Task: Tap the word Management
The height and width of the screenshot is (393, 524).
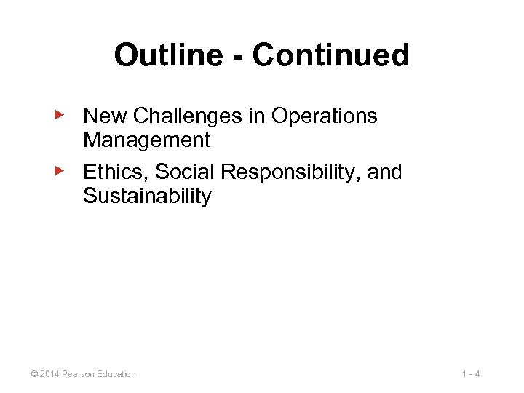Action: pyautogui.click(x=146, y=139)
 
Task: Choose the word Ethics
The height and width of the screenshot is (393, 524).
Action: pyautogui.click(x=116, y=172)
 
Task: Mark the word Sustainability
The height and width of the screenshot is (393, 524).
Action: pyautogui.click(x=147, y=196)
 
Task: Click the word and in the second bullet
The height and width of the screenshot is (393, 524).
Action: pyautogui.click(x=384, y=172)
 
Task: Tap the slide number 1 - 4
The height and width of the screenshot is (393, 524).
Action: pyautogui.click(x=471, y=374)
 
